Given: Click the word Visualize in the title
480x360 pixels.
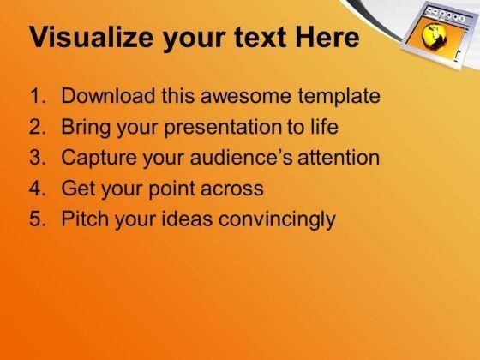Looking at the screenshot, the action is click(91, 37).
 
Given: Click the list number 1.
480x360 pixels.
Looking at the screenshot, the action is click(37, 96).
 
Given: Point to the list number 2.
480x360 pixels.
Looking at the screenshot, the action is click(38, 127).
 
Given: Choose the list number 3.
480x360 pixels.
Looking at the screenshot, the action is click(38, 157).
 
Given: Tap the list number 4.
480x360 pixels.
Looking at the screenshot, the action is click(38, 188).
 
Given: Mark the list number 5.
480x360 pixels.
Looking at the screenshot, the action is click(38, 219).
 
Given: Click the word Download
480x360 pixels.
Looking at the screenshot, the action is click(108, 95).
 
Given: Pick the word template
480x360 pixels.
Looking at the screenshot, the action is click(339, 97).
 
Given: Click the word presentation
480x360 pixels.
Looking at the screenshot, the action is click(223, 128).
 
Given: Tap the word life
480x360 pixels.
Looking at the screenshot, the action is click(325, 126).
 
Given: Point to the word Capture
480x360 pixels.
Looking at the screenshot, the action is click(99, 159).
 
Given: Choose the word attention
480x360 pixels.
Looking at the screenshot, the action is click(339, 158).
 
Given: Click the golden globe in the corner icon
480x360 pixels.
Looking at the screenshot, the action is click(434, 36).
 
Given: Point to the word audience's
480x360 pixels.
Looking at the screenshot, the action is click(241, 157).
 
